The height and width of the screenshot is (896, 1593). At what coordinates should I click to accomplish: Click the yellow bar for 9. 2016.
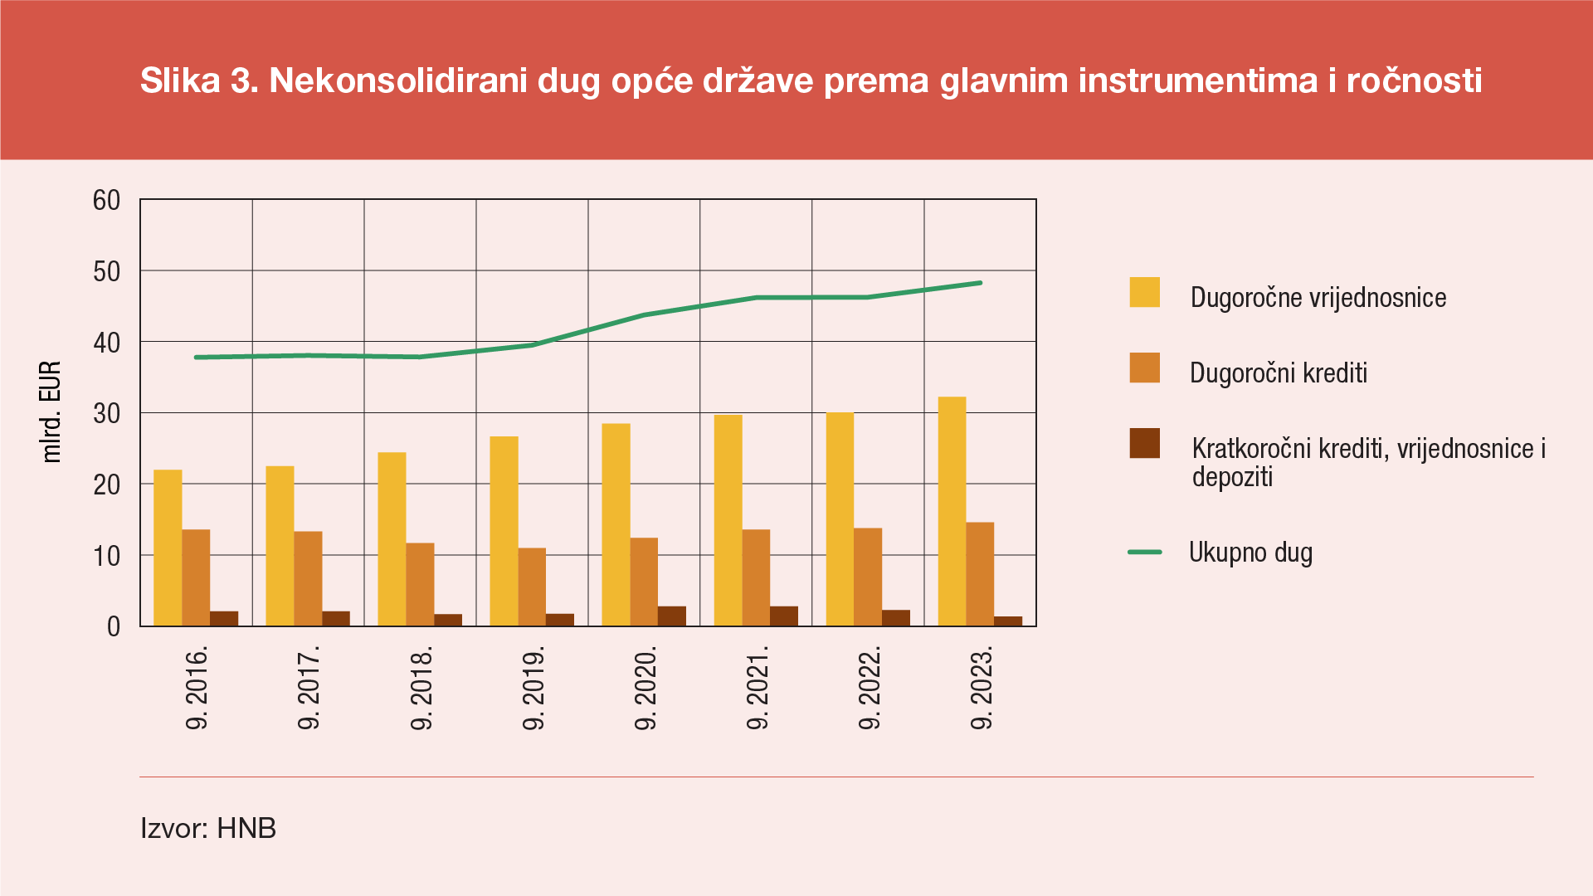(x=168, y=548)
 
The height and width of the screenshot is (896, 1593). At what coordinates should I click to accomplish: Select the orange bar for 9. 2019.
(x=532, y=587)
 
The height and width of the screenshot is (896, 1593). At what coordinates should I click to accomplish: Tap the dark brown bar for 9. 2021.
(x=784, y=616)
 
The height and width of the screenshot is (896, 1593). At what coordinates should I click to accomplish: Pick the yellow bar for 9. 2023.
(x=952, y=511)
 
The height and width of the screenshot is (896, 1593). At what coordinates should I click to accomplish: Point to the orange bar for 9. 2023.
(x=980, y=574)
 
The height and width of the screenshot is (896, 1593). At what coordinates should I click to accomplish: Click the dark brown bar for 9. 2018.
(x=448, y=620)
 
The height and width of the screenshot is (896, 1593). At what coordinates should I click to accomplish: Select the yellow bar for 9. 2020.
(x=616, y=524)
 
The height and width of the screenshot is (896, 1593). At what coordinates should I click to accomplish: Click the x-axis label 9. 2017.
(x=309, y=688)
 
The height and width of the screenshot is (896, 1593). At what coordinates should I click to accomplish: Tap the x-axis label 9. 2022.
(x=869, y=688)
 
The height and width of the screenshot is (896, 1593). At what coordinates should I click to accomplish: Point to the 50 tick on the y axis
(x=107, y=271)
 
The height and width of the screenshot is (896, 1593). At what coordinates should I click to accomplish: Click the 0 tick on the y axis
(x=114, y=627)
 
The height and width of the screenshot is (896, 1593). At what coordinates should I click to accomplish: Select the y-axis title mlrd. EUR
(x=51, y=412)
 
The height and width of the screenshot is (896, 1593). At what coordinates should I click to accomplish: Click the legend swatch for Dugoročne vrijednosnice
(x=1144, y=293)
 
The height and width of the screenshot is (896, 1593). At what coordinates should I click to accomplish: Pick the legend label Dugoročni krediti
(x=1278, y=373)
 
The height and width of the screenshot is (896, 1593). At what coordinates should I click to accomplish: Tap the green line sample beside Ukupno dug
(x=1144, y=553)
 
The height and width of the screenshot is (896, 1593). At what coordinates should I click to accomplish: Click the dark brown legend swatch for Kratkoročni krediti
(x=1144, y=444)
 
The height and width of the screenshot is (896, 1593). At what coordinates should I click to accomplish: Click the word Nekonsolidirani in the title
(x=398, y=80)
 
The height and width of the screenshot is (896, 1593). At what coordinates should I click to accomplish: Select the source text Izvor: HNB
(x=208, y=828)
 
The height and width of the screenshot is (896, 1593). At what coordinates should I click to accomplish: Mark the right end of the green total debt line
(x=981, y=283)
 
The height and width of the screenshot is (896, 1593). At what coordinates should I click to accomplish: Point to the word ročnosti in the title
(x=1414, y=80)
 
